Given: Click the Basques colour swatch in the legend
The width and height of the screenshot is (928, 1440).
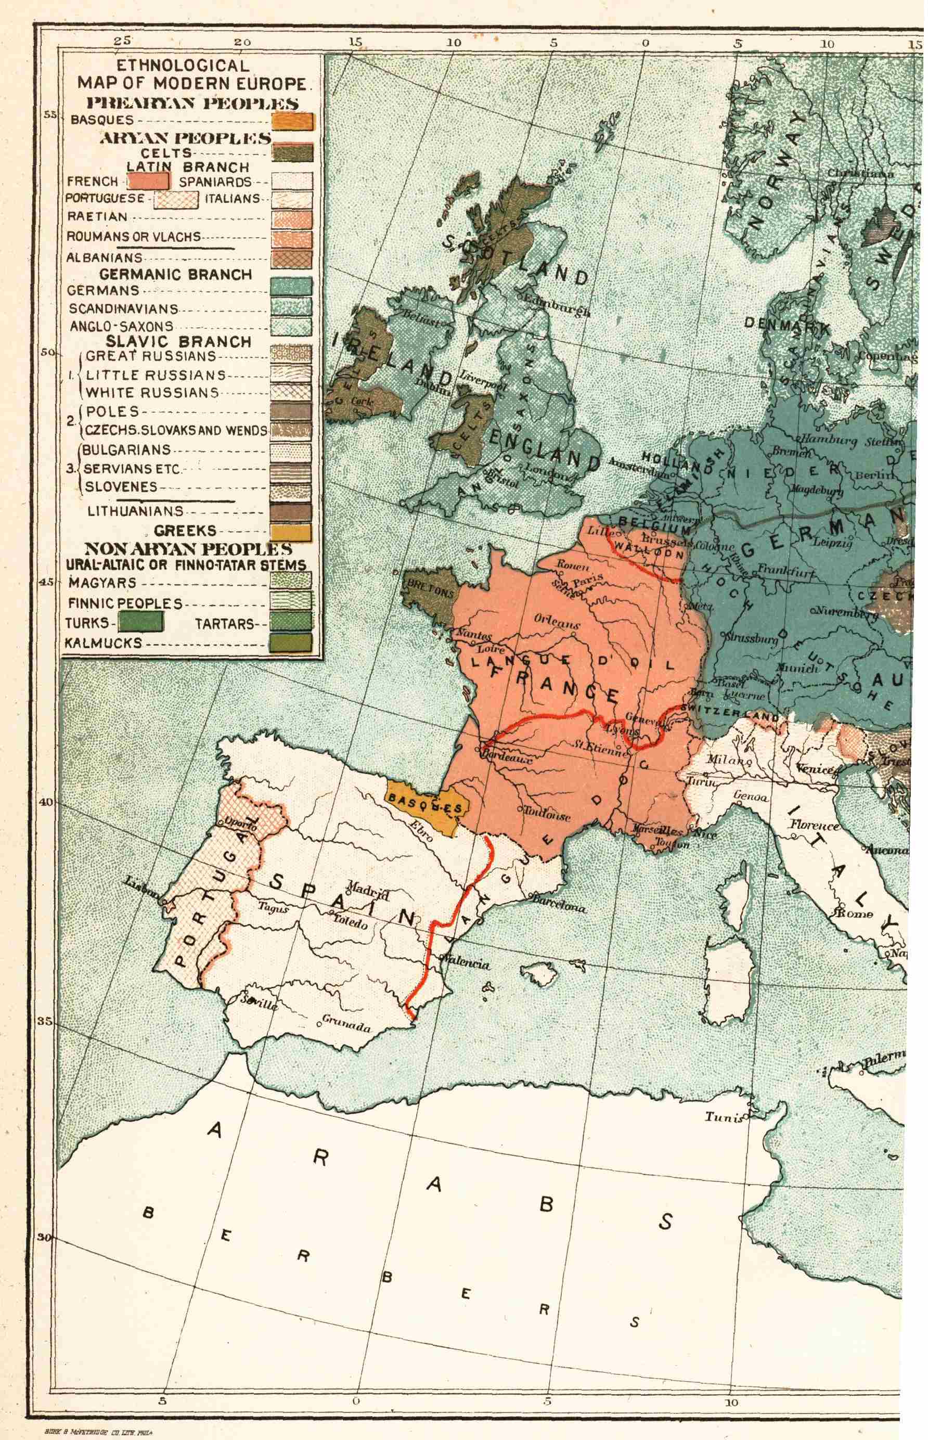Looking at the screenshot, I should pos(293,121).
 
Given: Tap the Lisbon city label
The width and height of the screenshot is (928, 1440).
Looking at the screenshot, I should pos(140,888).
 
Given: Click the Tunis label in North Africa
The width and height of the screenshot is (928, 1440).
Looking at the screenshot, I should pos(723,1116).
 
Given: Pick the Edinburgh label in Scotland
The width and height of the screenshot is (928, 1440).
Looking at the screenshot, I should pos(556,305).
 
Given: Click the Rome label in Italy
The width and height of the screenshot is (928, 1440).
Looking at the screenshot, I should pos(855,914).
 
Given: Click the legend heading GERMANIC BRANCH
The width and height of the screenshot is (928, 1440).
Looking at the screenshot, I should pos(175,275).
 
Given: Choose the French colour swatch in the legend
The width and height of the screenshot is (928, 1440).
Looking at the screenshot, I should pos(148,181).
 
